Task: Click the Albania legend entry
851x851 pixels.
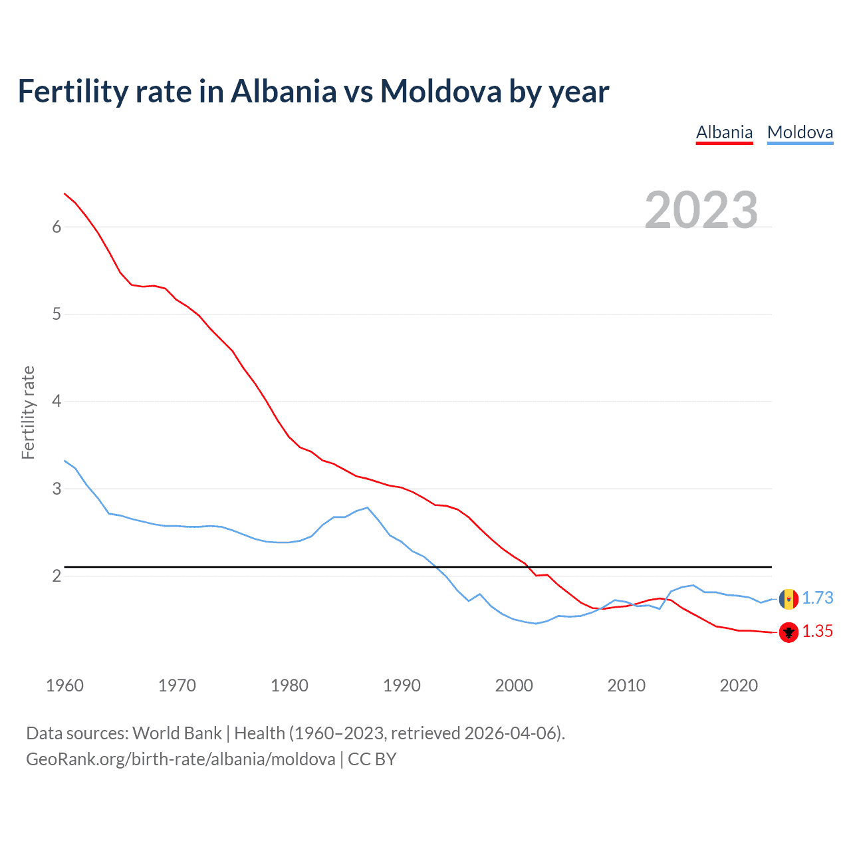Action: click(724, 132)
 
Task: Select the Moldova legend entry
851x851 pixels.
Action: click(800, 132)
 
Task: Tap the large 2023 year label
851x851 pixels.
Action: click(701, 210)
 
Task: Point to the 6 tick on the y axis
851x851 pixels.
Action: click(57, 227)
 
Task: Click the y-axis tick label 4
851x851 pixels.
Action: click(57, 402)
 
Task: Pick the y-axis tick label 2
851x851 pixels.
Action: click(57, 576)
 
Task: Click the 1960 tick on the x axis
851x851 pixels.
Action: click(64, 685)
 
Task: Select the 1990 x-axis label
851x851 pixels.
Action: click(402, 685)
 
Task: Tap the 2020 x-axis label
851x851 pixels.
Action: click(739, 685)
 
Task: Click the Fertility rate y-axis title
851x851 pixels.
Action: click(28, 412)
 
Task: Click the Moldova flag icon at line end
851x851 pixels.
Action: click(789, 598)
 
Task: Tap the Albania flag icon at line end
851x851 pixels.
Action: click(789, 632)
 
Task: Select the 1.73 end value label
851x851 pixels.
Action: click(817, 598)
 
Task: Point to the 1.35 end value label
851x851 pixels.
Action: click(817, 632)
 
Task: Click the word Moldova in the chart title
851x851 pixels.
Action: click(440, 91)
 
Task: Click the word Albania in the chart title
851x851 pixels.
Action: click(284, 91)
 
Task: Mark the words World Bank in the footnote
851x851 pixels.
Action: click(177, 733)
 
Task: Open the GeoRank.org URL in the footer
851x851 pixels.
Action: click(180, 759)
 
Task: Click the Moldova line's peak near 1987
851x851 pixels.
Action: click(367, 507)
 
